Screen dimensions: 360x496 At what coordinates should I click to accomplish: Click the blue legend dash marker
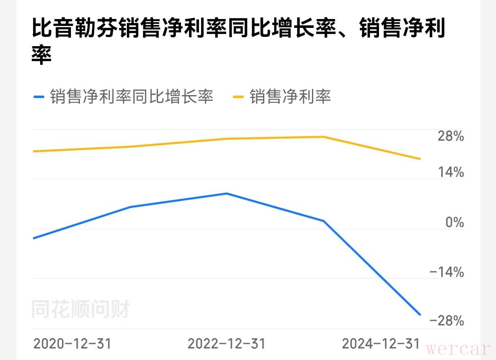(x=38, y=97)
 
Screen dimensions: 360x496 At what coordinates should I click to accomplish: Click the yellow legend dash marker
(x=238, y=97)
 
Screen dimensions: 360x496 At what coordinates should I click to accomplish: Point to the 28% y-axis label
(x=450, y=136)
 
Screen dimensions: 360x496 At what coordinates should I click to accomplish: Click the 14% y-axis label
(x=450, y=173)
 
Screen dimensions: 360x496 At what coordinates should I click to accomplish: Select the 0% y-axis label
(x=454, y=222)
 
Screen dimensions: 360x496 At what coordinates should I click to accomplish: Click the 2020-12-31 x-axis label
(x=72, y=344)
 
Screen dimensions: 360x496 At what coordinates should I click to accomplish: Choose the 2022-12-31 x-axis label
(x=227, y=344)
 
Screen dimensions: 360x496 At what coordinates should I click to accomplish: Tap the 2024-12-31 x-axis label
(x=381, y=344)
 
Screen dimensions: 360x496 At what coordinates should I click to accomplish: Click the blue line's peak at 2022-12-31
(x=227, y=194)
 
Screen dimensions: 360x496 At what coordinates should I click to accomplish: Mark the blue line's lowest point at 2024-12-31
(x=420, y=315)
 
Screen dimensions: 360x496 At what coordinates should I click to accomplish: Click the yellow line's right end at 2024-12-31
(x=420, y=159)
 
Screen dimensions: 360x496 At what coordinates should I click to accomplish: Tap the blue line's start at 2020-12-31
(x=34, y=238)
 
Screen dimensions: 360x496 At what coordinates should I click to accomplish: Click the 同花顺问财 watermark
(x=80, y=310)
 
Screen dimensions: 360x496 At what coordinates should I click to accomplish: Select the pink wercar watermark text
(x=459, y=349)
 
